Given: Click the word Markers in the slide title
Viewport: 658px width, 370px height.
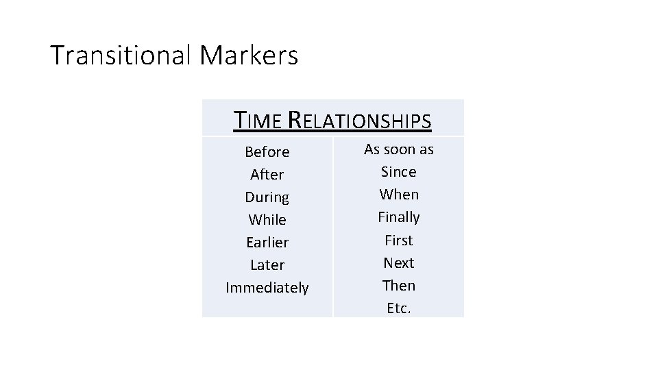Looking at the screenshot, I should click(249, 56).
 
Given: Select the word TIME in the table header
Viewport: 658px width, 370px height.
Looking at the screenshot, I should click(258, 121).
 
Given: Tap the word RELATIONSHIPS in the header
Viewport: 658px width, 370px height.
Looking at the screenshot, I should click(359, 121).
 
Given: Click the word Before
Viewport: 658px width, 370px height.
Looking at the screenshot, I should click(267, 151).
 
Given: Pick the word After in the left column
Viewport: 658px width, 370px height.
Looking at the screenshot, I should click(267, 174).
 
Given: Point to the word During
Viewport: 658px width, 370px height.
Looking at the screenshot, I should click(267, 197).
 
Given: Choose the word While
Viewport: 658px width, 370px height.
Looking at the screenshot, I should click(267, 220).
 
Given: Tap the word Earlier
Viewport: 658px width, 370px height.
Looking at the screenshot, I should click(267, 243).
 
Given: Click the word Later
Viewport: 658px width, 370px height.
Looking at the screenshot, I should click(267, 265).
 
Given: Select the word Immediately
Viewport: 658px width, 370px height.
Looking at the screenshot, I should click(267, 288).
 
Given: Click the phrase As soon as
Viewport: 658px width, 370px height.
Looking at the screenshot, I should click(399, 149).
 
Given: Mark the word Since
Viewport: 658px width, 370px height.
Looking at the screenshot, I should click(399, 172).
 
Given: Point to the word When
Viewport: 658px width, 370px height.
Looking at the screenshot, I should click(399, 195).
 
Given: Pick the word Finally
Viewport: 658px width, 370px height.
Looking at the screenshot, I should click(399, 217).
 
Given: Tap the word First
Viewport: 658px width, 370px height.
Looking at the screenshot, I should click(399, 241).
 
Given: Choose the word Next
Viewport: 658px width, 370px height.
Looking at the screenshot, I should click(399, 263).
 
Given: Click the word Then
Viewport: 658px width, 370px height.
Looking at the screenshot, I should click(399, 286).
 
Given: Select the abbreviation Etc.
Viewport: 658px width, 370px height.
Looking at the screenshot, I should click(399, 308).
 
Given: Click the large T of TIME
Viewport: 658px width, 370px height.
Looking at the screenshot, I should click(241, 120).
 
